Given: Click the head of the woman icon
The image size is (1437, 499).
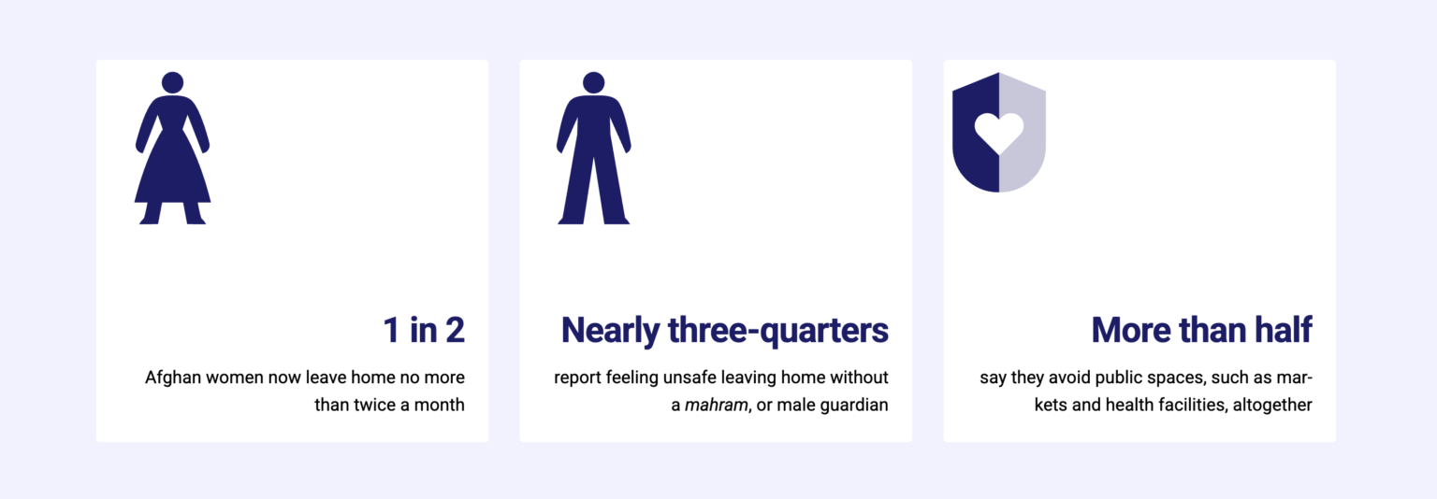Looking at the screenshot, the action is pos(172,82).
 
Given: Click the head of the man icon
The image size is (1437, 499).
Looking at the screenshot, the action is pos(593,82).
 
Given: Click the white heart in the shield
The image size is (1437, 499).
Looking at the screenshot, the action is pos(999,133).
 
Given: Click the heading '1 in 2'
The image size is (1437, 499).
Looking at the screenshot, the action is pos(424,330).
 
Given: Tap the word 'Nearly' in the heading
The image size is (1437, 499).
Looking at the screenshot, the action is pos(610,331).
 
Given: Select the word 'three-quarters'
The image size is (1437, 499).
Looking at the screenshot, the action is pos(778,331).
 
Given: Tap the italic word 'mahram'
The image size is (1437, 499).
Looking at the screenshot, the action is pos(716,406).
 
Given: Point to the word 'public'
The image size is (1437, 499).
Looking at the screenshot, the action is pos(1117,378).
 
